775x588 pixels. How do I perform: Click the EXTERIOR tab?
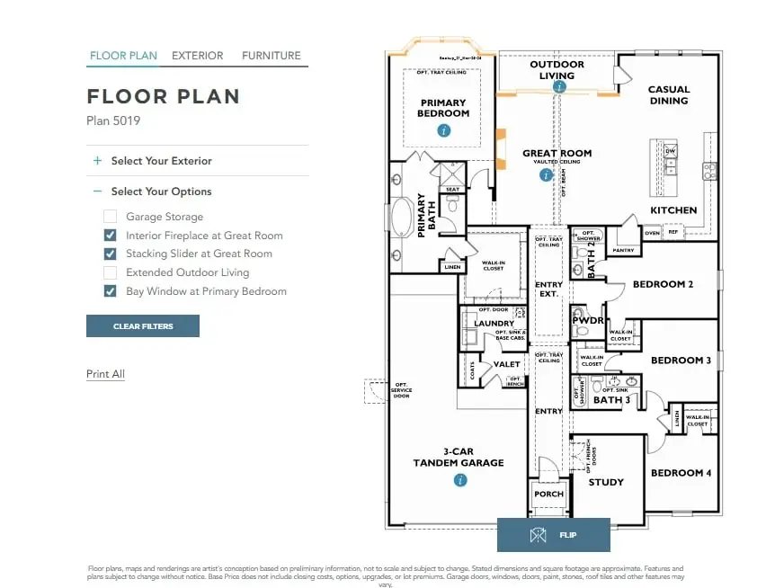pyautogui.click(x=197, y=56)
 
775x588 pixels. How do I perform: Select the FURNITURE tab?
pyautogui.click(x=271, y=56)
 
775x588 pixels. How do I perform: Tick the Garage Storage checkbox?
pyautogui.click(x=110, y=217)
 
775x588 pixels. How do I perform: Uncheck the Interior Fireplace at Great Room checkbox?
pyautogui.click(x=110, y=236)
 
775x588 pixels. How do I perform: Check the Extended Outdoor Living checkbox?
pyautogui.click(x=110, y=272)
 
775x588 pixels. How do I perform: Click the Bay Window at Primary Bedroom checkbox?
pyautogui.click(x=110, y=291)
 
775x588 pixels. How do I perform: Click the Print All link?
pyautogui.click(x=105, y=374)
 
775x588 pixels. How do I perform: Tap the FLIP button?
pyautogui.click(x=553, y=535)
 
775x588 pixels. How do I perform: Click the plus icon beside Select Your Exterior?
pyautogui.click(x=97, y=161)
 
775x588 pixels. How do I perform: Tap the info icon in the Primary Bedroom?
pyautogui.click(x=443, y=131)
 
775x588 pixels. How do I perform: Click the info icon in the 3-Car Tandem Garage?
pyautogui.click(x=459, y=481)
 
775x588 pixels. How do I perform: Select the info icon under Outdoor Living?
pyautogui.click(x=559, y=87)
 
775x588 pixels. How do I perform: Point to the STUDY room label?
pyautogui.click(x=605, y=483)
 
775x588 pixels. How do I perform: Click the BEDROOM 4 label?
pyautogui.click(x=676, y=473)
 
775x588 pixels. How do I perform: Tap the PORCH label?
pyautogui.click(x=548, y=494)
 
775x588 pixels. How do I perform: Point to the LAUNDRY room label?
pyautogui.click(x=494, y=324)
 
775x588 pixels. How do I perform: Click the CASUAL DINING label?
pyautogui.click(x=668, y=95)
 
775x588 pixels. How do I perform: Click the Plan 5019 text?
pyautogui.click(x=113, y=120)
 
